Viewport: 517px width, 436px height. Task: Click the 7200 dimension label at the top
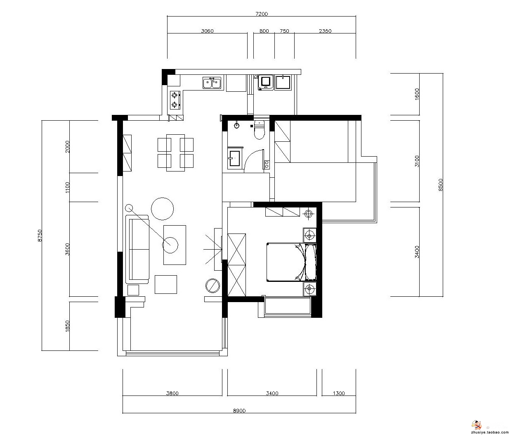(x=262, y=14)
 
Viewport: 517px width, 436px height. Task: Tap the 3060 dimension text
(x=207, y=31)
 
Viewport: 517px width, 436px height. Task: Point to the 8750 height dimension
(x=40, y=236)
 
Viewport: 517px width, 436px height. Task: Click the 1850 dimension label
(x=67, y=326)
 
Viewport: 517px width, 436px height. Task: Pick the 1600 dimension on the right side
(x=417, y=94)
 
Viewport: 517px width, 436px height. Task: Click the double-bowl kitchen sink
(x=212, y=83)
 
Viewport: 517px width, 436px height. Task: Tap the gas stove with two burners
(x=175, y=100)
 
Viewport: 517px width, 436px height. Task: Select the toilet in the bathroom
(x=259, y=130)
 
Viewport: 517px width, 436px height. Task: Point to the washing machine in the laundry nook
(x=265, y=82)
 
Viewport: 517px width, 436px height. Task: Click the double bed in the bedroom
(x=291, y=262)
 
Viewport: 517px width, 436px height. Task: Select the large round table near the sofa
(x=162, y=209)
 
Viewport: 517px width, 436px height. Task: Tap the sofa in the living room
(x=137, y=249)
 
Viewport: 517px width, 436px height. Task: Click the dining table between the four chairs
(x=175, y=153)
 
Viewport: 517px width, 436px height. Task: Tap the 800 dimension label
(x=264, y=31)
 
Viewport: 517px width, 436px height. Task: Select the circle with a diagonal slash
(x=212, y=286)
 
